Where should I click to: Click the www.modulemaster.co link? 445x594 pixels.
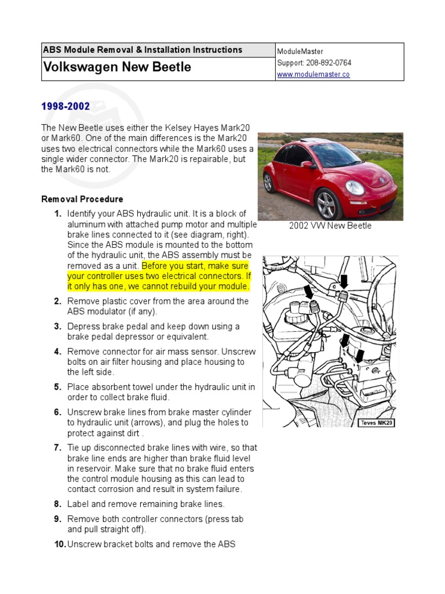pyautogui.click(x=313, y=75)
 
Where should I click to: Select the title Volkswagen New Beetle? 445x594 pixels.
pyautogui.click(x=116, y=67)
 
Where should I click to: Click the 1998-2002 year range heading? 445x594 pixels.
pyautogui.click(x=65, y=106)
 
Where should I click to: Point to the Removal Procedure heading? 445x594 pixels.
pyautogui.click(x=82, y=199)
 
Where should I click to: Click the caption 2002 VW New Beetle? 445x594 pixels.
pyautogui.click(x=330, y=226)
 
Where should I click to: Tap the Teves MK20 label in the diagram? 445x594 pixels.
pyautogui.click(x=377, y=423)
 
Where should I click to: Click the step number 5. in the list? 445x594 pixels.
pyautogui.click(x=57, y=387)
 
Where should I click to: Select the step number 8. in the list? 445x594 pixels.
pyautogui.click(x=57, y=504)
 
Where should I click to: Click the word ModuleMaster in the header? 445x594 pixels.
pyautogui.click(x=300, y=52)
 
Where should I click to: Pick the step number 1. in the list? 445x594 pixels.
pyautogui.click(x=57, y=213)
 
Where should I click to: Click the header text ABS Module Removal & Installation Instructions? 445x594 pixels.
pyautogui.click(x=143, y=50)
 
